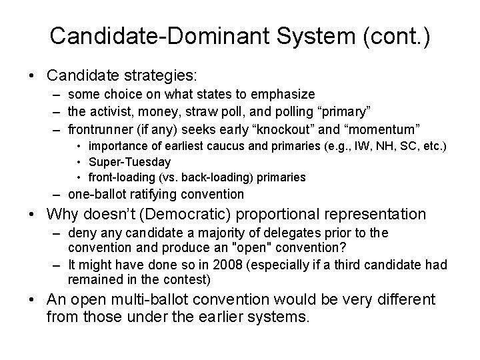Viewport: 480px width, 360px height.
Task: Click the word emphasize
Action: pyautogui.click(x=285, y=95)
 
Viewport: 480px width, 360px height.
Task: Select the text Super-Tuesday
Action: pyautogui.click(x=129, y=162)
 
